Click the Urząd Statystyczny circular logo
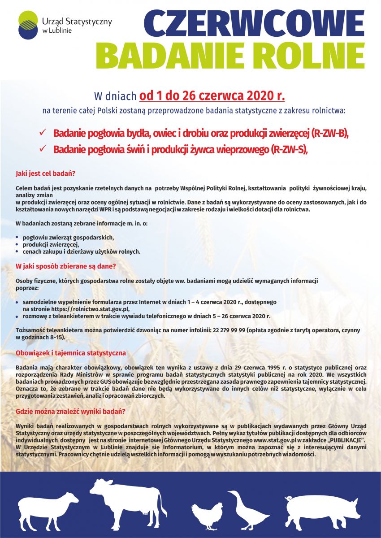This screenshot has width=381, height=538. [x=28, y=25]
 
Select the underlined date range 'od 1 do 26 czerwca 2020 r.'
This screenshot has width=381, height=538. [x=212, y=95]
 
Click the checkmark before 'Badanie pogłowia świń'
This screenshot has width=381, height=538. [x=43, y=148]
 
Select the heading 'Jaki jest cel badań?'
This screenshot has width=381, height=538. [x=45, y=173]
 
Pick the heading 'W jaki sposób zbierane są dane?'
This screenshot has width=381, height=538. [x=66, y=266]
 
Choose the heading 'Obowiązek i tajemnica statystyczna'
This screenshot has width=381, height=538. [x=71, y=353]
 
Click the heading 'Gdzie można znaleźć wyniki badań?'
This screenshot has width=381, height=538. [x=70, y=411]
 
